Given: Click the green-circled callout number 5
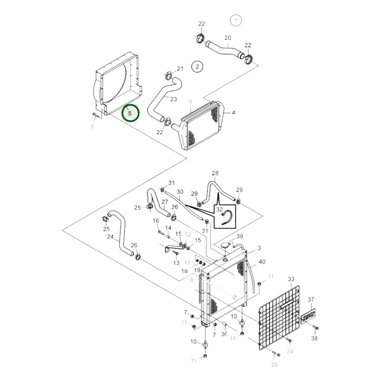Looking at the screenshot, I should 130,113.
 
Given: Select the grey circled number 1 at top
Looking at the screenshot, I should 236,20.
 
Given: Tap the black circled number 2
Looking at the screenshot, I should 197,66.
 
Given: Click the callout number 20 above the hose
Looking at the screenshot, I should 228,38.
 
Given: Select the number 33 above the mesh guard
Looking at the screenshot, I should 291,279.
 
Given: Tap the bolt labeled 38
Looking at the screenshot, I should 316,328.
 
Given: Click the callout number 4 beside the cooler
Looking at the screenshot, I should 233,113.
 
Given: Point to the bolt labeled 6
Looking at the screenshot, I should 95,115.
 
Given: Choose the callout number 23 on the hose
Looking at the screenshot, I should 173,99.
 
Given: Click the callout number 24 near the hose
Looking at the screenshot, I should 110,237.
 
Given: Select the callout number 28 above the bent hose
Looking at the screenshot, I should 215,173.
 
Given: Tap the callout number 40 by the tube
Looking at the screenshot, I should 262,262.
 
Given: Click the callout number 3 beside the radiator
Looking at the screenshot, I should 259,248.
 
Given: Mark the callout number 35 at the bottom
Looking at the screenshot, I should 274,364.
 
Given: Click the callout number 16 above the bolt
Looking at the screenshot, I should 156,221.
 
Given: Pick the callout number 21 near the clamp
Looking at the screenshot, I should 180,69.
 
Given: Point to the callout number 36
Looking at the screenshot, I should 224,334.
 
